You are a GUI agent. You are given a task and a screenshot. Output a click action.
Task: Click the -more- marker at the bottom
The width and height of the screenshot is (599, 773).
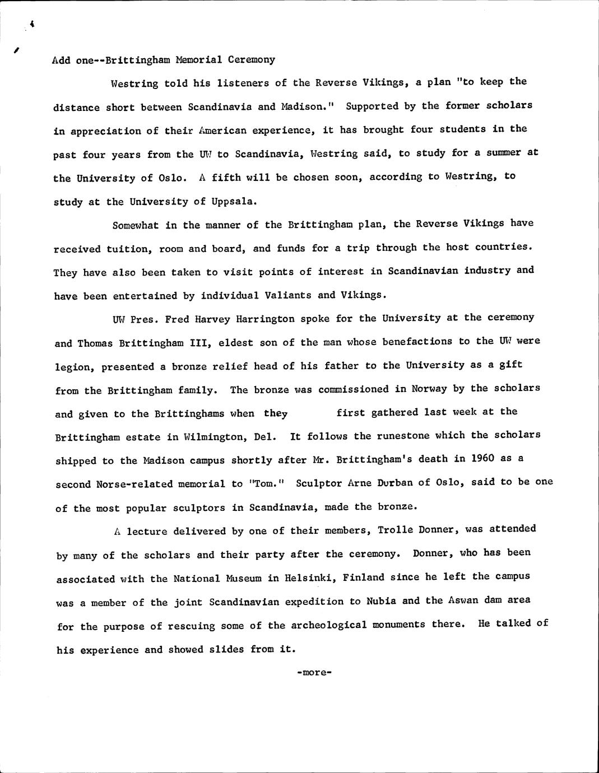click(x=314, y=672)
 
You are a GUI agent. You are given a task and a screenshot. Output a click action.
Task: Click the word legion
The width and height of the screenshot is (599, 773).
click(x=73, y=367)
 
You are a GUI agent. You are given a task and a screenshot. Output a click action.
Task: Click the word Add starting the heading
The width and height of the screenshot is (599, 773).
click(x=61, y=60)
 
